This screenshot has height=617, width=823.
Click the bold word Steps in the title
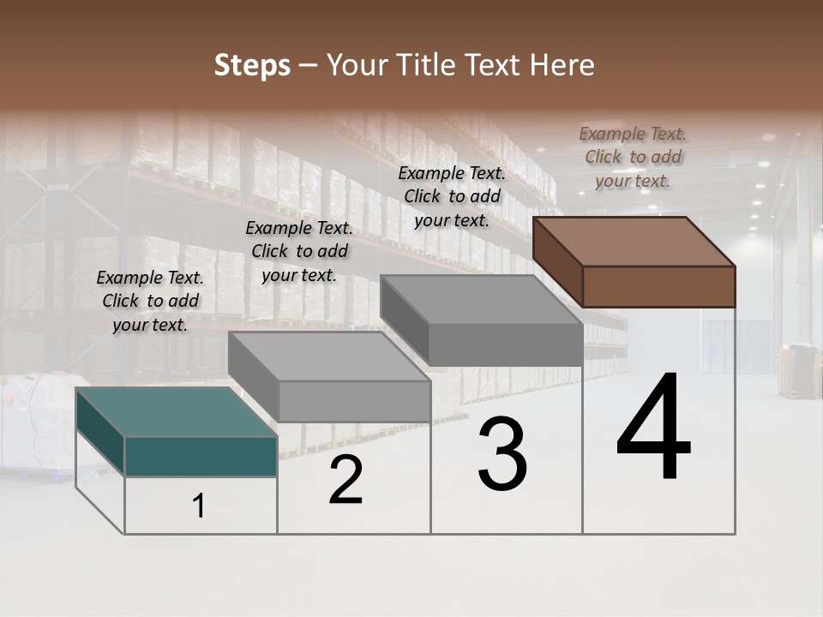point(252,65)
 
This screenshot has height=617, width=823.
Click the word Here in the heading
point(562,65)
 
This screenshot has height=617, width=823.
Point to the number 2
point(346,481)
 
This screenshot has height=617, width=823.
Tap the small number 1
point(199,506)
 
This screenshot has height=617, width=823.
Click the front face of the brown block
point(658,286)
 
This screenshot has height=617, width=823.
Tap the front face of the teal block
point(201,456)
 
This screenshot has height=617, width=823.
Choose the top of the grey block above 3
point(482,299)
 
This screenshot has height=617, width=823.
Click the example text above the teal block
point(150,301)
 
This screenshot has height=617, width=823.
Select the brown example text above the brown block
point(633,157)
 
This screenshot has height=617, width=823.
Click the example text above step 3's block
point(452,196)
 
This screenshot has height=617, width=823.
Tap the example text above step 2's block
point(299,251)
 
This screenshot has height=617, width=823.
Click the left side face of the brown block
point(557,261)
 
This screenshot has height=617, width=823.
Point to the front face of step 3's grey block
point(505,344)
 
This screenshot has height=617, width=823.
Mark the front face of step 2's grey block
point(354,401)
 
